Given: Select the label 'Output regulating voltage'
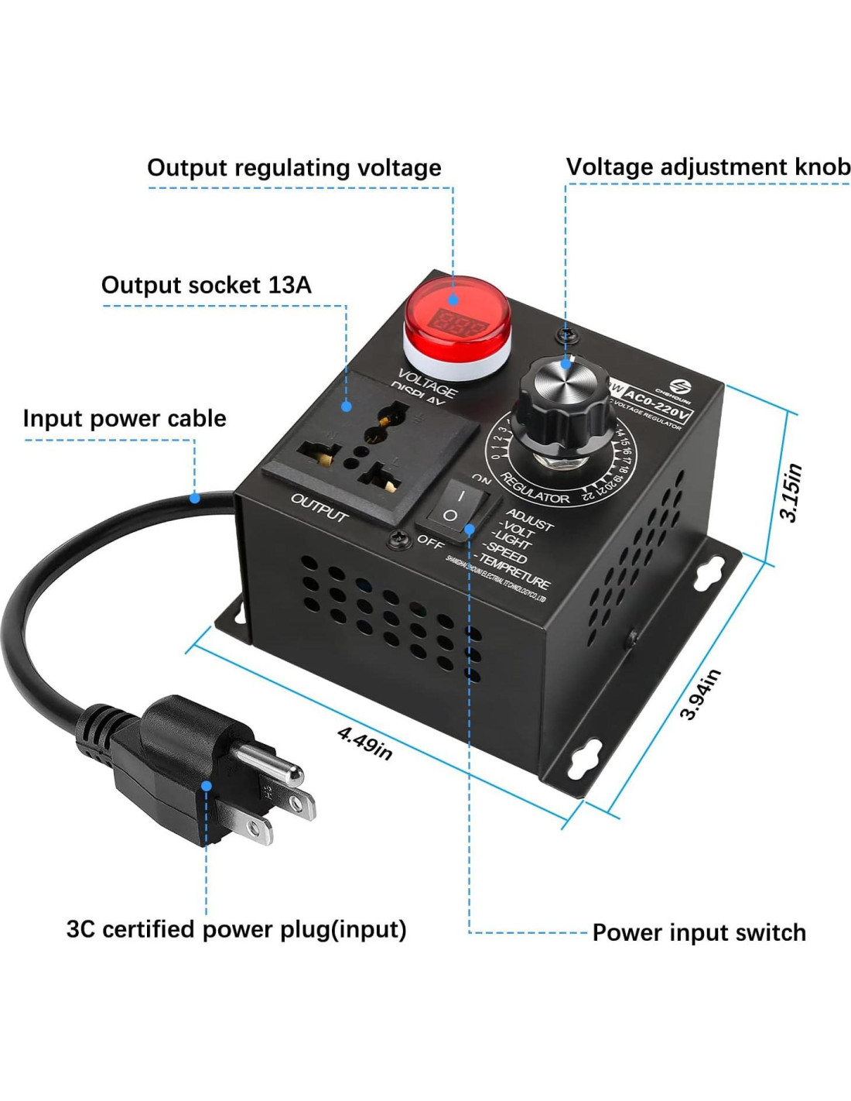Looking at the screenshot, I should pyautogui.click(x=294, y=167).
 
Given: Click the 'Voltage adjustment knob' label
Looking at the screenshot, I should pyautogui.click(x=708, y=166).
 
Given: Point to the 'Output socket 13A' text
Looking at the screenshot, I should pyautogui.click(x=206, y=285).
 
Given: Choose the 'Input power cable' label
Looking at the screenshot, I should pyautogui.click(x=125, y=418).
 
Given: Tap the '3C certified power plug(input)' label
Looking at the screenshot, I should pyautogui.click(x=236, y=928).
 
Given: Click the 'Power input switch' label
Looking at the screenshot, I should pyautogui.click(x=699, y=932).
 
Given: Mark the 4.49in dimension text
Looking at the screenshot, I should pyautogui.click(x=364, y=742).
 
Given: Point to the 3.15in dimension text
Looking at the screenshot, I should pyautogui.click(x=791, y=492).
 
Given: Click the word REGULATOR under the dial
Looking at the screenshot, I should pyautogui.click(x=535, y=489).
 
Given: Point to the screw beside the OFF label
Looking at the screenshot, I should pyautogui.click(x=399, y=539).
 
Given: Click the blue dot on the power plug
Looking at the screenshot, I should pyautogui.click(x=207, y=785).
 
